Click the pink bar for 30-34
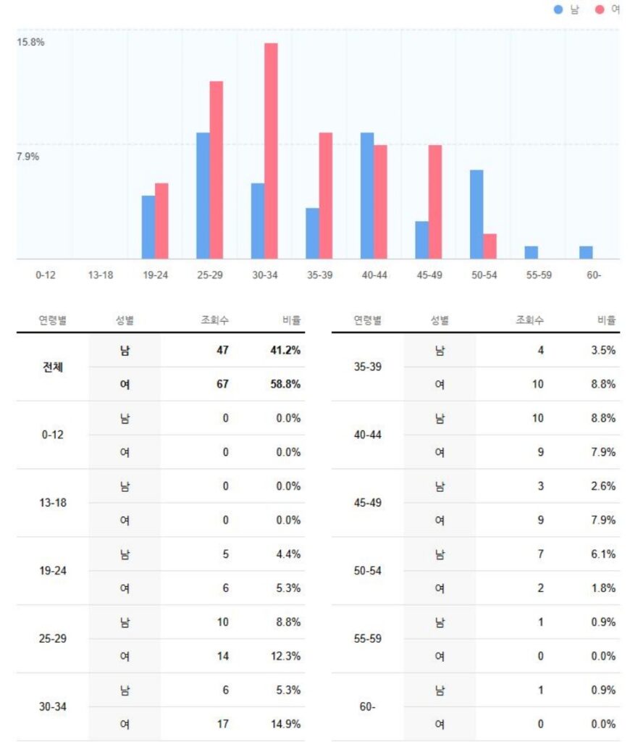coord(271,151)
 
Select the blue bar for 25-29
coord(203,196)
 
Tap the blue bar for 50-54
coord(476,214)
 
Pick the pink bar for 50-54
coord(490,246)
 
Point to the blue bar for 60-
coord(586,253)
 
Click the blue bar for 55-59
coord(532,253)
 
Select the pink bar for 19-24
coord(161,221)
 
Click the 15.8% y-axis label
coord(31,42)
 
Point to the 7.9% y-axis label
coord(28,157)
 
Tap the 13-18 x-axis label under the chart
coord(100,275)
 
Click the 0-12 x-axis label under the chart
coord(45,275)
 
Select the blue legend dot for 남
coord(558,9)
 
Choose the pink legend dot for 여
coord(600,9)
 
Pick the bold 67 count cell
coord(222,384)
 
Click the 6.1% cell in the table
coord(602,554)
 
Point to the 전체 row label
coord(53,367)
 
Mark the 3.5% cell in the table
coord(602,350)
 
